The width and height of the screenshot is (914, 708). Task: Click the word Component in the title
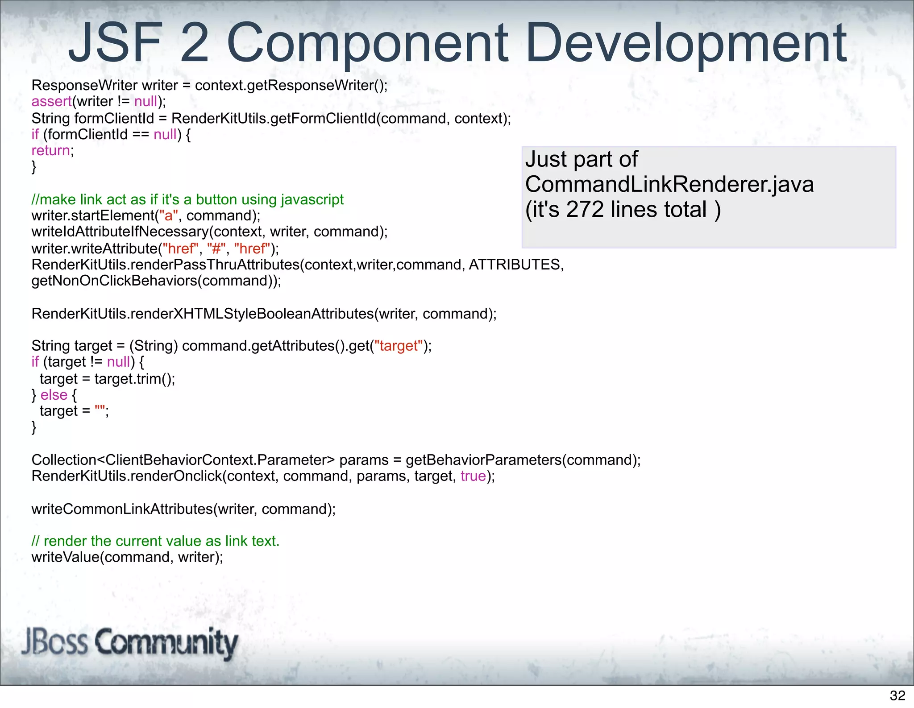coord(367,44)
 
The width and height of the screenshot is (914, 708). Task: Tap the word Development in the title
coord(685,44)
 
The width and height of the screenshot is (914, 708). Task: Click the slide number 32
coord(897,695)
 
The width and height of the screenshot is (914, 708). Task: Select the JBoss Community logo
coord(129,642)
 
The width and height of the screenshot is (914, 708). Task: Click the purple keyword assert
coord(51,102)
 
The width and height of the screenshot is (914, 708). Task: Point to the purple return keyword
coord(50,151)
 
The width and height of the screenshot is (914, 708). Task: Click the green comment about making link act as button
coord(187,199)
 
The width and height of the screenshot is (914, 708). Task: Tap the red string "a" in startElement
coord(169,216)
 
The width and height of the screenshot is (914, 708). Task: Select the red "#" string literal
coord(216,248)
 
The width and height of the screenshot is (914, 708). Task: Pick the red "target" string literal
coord(399,346)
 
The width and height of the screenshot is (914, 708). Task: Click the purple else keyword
coord(54,395)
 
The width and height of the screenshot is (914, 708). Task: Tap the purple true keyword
coord(473,476)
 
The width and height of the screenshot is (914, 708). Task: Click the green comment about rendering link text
coord(155,541)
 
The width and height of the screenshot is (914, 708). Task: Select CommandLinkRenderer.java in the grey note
coord(669,185)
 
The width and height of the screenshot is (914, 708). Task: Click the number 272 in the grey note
coord(585,210)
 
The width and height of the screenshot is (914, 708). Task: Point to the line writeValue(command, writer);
coord(127,557)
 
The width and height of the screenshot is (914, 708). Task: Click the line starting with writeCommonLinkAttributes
coord(183,509)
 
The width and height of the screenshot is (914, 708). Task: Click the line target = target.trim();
coord(107,379)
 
